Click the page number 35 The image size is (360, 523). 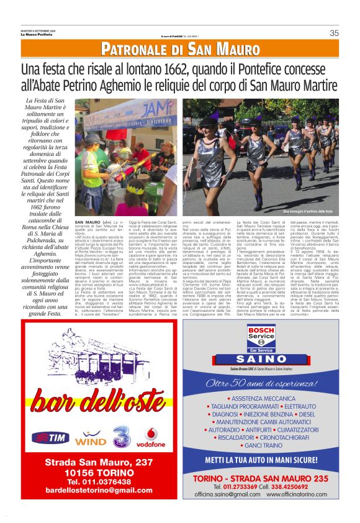point(334,33)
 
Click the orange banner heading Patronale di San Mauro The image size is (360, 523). point(180,48)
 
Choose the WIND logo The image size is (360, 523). point(91,440)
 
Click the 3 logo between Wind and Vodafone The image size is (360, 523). point(122,436)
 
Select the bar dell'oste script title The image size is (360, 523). point(99,398)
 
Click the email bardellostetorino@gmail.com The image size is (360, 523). point(99,490)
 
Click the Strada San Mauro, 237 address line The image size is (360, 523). point(99,462)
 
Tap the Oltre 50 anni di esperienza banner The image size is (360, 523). point(261,383)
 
